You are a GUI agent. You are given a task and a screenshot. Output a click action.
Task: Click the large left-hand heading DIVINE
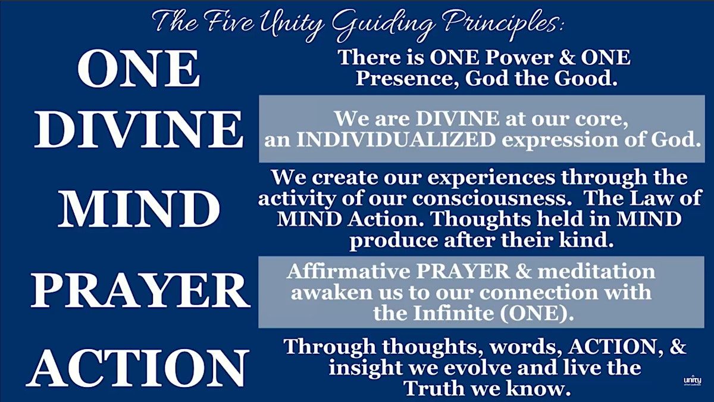139,129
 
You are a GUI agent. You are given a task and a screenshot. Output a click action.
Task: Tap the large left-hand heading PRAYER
140,291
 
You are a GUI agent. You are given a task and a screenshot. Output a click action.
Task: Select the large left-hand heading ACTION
137,368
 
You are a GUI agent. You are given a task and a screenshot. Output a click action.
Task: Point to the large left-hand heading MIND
139,208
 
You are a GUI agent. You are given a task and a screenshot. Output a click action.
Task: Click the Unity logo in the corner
693,381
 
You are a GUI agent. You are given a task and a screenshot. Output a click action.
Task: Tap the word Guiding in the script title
380,24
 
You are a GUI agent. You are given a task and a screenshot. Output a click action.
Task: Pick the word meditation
596,271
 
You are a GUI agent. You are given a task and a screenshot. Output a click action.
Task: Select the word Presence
408,79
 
